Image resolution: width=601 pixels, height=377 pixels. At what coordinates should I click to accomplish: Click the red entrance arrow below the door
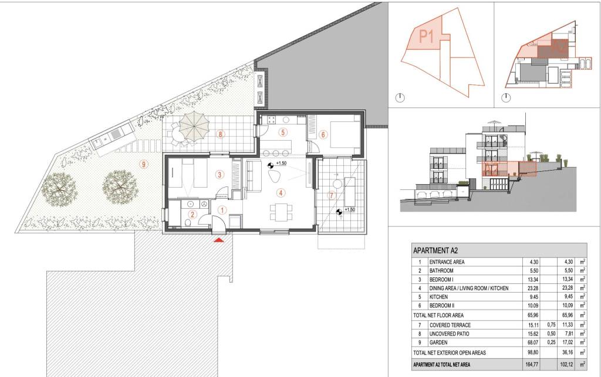[x=219, y=240]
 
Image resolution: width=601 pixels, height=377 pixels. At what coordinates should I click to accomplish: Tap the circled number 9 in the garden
[x=144, y=165]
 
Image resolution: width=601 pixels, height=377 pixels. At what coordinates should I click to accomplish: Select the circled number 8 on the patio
[x=220, y=134]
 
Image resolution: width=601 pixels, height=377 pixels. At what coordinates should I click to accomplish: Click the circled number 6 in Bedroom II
[x=323, y=134]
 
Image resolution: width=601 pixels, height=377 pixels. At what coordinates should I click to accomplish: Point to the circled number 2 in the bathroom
[x=193, y=215]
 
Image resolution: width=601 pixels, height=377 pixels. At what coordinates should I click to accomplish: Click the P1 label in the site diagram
[x=426, y=37]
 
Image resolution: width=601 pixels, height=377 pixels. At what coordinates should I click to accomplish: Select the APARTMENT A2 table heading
[x=435, y=251]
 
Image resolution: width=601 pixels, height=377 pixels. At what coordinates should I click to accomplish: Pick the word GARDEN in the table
[x=438, y=342]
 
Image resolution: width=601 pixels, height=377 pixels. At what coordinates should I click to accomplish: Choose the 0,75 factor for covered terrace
[x=551, y=325]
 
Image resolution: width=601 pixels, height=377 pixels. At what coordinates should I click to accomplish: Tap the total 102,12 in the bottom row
[x=566, y=365]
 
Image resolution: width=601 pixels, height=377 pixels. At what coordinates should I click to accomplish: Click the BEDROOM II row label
[x=441, y=305]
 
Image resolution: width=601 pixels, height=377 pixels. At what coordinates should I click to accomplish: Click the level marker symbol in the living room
[x=271, y=165]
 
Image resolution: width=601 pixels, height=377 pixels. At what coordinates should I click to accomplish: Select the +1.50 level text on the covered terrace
[x=350, y=210]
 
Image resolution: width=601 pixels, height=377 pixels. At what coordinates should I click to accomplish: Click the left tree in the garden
[x=59, y=188]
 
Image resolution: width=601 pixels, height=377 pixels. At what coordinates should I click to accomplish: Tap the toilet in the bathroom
[x=188, y=223]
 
